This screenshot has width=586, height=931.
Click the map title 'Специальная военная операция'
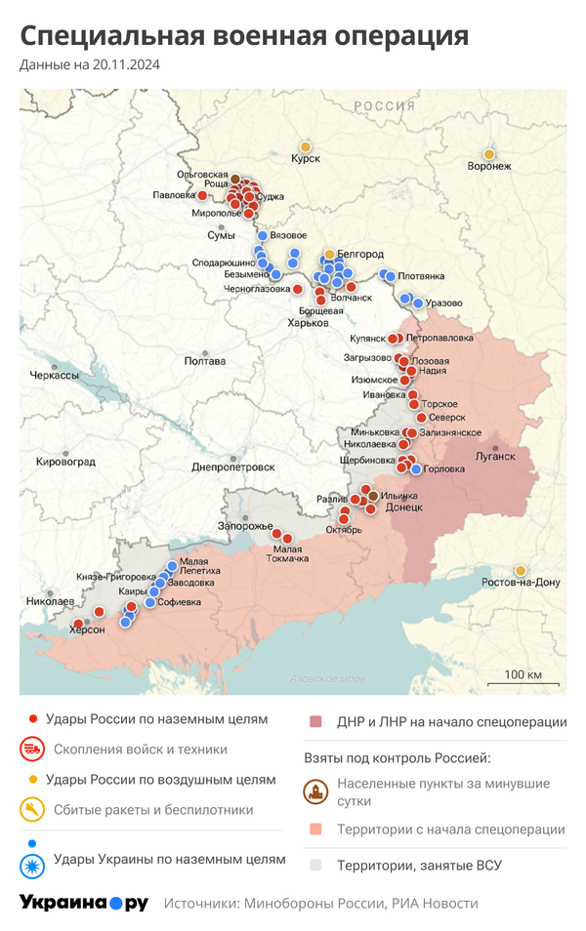[244, 36]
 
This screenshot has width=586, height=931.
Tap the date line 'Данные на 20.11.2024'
[90, 65]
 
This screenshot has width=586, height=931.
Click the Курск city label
[306, 158]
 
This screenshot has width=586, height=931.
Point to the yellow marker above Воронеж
[488, 154]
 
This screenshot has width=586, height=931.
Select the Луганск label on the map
[494, 455]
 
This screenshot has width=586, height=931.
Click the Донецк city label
[403, 508]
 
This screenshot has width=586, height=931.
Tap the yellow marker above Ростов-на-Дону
[521, 570]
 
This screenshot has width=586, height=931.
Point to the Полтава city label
[204, 361]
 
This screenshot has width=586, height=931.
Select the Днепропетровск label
[232, 467]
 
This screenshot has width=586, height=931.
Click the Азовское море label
[328, 678]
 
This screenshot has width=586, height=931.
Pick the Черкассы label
[54, 376]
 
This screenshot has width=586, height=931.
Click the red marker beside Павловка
[202, 195]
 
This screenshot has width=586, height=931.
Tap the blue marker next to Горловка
[416, 469]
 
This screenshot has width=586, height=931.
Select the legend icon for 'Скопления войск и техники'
[32, 749]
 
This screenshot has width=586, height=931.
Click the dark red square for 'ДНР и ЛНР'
[315, 722]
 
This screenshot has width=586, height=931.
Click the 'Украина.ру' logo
[84, 903]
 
